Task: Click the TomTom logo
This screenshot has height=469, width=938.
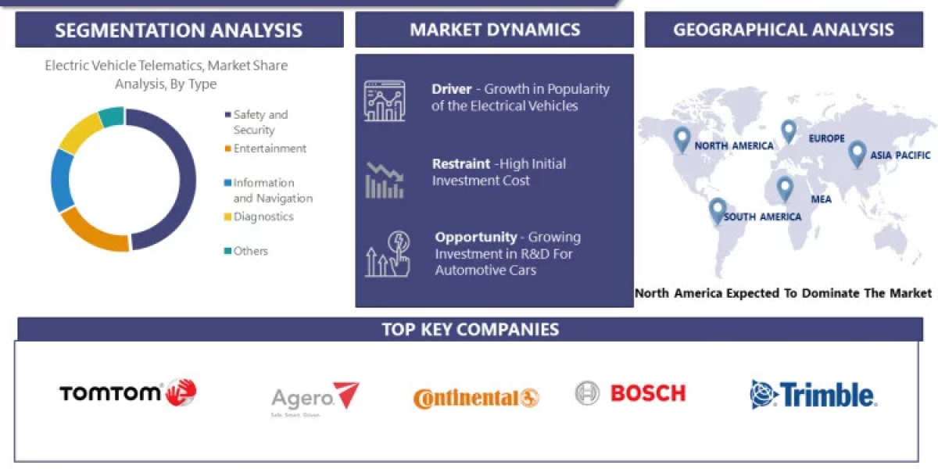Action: pos(127,392)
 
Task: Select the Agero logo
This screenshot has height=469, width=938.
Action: pos(315,399)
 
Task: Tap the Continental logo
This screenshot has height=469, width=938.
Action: pos(476,399)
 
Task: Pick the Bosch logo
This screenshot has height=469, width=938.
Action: pos(630,392)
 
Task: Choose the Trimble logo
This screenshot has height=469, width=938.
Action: pos(814,395)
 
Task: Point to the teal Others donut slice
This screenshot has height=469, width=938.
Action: pos(113,116)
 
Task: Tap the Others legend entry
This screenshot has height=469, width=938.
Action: pos(250,251)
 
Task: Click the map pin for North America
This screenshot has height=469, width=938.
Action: pos(682,139)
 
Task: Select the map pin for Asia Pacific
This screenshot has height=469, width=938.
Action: pos(857,152)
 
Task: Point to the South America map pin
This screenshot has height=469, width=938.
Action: pos(717,209)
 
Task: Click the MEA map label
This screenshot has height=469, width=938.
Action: pos(821,199)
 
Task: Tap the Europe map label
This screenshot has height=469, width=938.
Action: pos(827,138)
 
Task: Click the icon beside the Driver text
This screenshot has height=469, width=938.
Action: pos(385,101)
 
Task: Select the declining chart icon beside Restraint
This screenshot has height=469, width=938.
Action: pos(385,179)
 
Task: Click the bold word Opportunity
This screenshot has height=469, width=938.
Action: pos(476,237)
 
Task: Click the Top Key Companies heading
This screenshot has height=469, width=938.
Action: pos(471,329)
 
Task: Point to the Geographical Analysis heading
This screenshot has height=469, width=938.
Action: pos(783,30)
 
